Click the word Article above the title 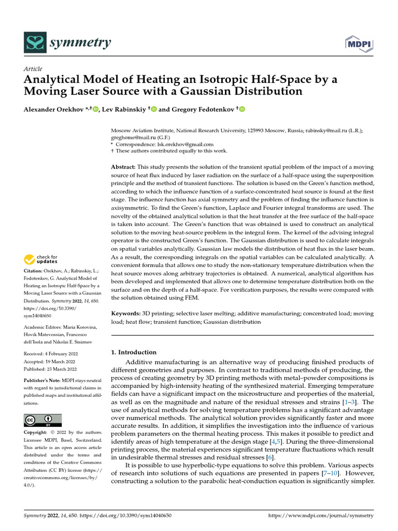click(33, 69)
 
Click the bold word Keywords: click(126, 314)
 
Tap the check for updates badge click(41, 259)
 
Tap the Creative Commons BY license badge click(43, 420)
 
